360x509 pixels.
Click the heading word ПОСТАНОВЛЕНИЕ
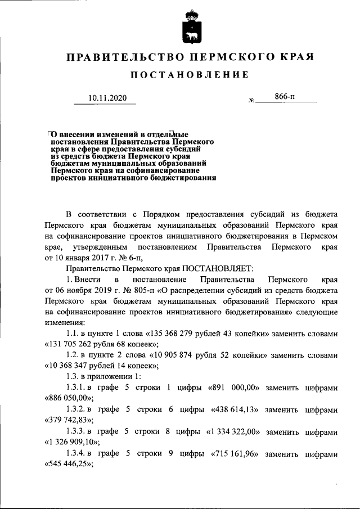[x=190, y=75]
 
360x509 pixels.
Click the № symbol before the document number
[x=251, y=101]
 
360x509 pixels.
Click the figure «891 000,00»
[x=237, y=387]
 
